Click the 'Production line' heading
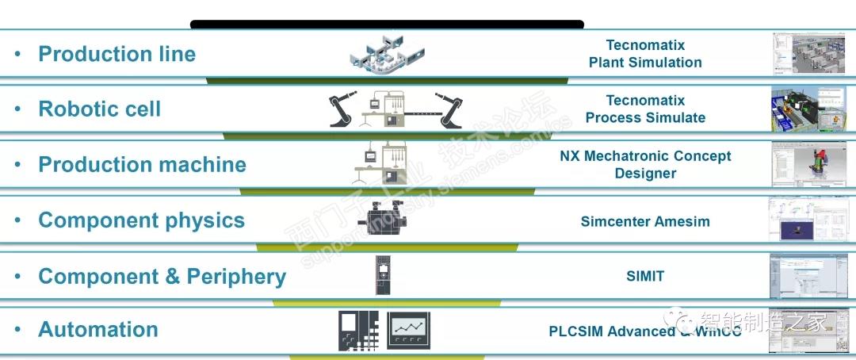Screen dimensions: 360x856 [117, 54]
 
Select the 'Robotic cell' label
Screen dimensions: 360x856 [99, 109]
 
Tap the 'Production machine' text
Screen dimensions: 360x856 [142, 165]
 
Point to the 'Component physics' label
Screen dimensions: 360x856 [141, 220]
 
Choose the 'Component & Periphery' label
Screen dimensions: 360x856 [162, 276]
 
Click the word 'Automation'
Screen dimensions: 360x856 [98, 329]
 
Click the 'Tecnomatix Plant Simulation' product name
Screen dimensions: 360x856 [645, 54]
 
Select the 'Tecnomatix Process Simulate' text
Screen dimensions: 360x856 [645, 109]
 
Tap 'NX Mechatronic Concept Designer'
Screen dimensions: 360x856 [645, 165]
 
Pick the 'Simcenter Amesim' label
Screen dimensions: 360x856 [645, 221]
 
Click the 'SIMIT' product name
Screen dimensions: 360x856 [645, 276]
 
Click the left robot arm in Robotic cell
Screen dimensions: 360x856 [346, 109]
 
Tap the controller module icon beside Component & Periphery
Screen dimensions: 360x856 [384, 275]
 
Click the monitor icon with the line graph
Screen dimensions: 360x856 [409, 329]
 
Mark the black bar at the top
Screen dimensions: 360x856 [387, 25]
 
